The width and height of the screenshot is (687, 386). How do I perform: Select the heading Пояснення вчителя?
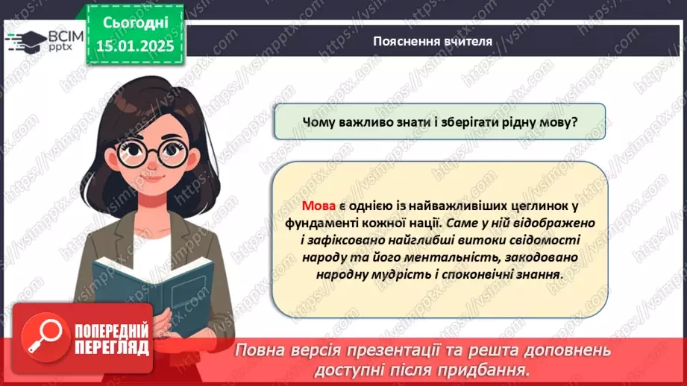click(x=433, y=41)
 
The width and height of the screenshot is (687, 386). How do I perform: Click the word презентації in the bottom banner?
click(x=415, y=350)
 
